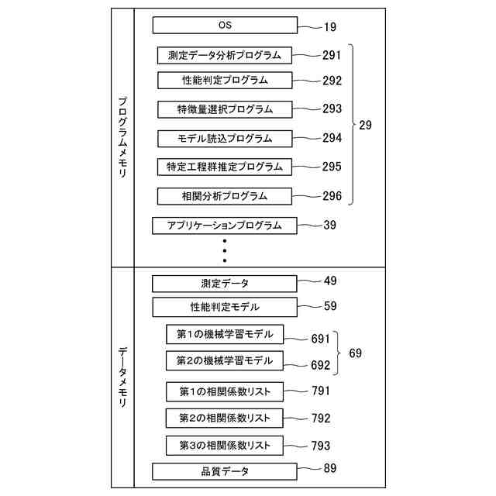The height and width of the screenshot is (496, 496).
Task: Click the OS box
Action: tap(225, 26)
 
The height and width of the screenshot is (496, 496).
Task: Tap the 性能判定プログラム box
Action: tap(225, 80)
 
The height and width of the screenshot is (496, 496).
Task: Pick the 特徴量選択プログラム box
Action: tap(225, 109)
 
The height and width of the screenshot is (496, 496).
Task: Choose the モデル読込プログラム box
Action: tap(225, 139)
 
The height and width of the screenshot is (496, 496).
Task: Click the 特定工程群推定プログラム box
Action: tap(225, 167)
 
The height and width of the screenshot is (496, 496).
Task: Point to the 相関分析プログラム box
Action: tap(225, 196)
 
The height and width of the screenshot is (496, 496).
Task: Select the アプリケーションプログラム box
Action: tap(225, 226)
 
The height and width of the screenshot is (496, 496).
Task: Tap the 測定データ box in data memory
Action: tap(225, 284)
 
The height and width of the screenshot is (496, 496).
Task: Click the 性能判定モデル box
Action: tap(225, 307)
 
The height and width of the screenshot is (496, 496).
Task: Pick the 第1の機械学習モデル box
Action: tap(225, 335)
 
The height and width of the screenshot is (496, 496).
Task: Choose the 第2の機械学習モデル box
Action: tap(225, 361)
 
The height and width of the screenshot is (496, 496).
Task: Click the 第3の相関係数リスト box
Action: tap(225, 445)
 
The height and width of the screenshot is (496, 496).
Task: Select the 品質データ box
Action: tap(225, 470)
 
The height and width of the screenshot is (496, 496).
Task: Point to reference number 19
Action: tap(329, 27)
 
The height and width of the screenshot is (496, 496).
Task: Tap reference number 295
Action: tap(332, 167)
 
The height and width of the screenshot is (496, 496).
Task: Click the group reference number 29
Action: tap(365, 125)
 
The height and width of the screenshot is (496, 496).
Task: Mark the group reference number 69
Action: tap(355, 353)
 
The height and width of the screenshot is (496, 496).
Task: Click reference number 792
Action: tap(321, 418)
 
